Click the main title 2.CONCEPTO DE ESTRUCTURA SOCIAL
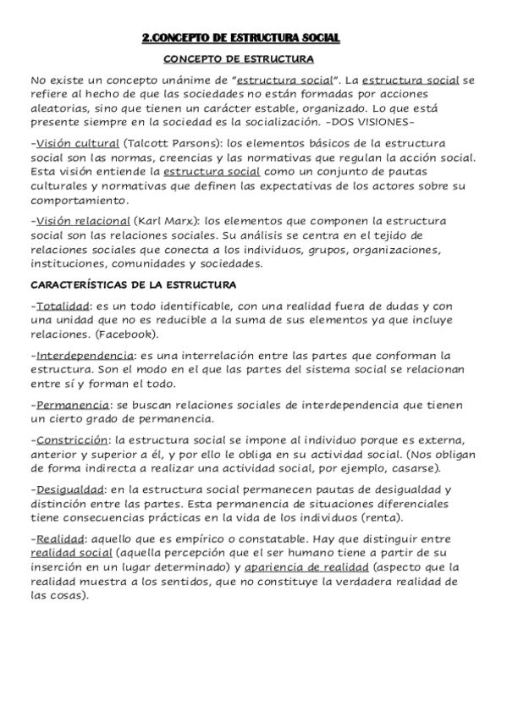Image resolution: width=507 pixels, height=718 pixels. click(240, 38)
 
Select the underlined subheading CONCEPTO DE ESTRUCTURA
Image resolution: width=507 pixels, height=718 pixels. click(239, 59)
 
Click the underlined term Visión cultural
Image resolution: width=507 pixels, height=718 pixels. click(76, 144)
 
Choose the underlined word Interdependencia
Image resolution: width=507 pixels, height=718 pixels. click(83, 355)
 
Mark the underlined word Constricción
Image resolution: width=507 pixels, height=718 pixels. click(72, 440)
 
